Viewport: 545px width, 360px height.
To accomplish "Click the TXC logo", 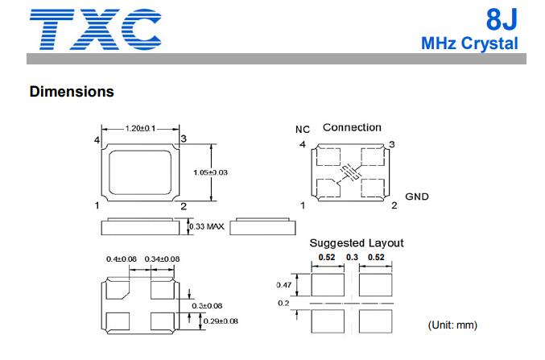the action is [96, 29].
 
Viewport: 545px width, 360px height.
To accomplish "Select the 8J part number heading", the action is [502, 19].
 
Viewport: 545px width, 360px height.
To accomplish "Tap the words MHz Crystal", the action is [469, 43].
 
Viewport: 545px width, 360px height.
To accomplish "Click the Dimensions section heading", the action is [72, 92].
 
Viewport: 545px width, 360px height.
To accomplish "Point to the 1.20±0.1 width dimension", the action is [140, 128].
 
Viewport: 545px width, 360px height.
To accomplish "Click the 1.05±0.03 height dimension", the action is [210, 172].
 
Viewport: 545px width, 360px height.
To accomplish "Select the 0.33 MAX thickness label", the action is [206, 227].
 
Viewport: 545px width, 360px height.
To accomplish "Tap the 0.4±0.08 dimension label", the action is [122, 259].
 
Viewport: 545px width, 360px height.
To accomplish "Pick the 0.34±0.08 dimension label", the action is [162, 259].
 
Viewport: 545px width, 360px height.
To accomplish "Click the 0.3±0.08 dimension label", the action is [207, 306].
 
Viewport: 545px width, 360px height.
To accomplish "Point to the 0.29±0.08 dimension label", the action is [221, 321].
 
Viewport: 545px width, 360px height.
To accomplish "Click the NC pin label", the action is [303, 130].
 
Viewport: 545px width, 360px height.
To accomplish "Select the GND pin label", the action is [417, 197].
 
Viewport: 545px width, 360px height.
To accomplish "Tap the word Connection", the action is [352, 127].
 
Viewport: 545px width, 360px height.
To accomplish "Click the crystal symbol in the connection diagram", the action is [349, 172].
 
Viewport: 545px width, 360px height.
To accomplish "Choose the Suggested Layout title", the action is [357, 242].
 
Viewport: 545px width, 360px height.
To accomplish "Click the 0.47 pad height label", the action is [283, 285].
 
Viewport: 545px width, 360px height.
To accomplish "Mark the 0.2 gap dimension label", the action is [283, 303].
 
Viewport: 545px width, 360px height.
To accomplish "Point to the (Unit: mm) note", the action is [452, 325].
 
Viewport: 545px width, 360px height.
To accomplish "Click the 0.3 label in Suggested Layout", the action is [352, 257].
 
